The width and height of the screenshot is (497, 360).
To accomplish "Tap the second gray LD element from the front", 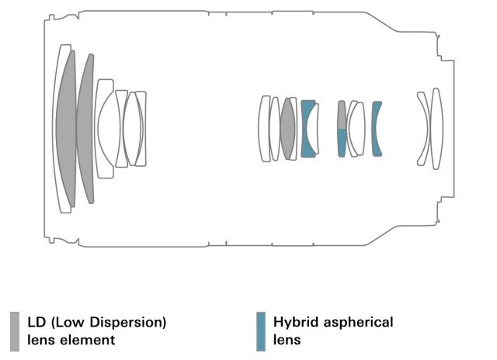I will coord(86,128).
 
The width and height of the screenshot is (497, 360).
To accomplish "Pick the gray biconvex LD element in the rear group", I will coord(288,128).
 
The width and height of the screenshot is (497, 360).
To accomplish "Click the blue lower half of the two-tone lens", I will coord(342,143).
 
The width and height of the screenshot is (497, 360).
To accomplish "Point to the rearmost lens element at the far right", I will coord(436,128).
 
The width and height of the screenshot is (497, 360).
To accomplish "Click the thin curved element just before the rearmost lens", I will coord(423,128).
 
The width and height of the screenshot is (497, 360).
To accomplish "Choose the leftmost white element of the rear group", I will coord(264,128).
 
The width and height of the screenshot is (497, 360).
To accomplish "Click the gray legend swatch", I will coord(15,331).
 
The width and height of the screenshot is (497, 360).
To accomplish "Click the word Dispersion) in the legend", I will coord(132,321).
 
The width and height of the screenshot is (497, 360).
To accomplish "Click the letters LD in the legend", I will coord(36,321).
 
